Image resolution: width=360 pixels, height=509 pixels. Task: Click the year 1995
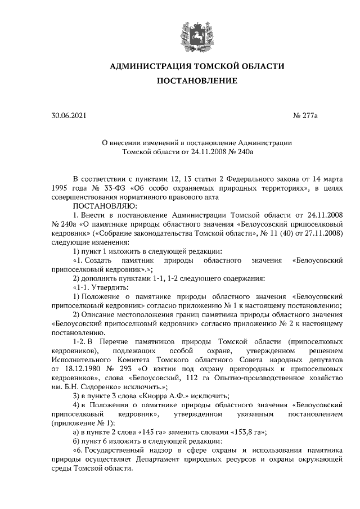point(60,188)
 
